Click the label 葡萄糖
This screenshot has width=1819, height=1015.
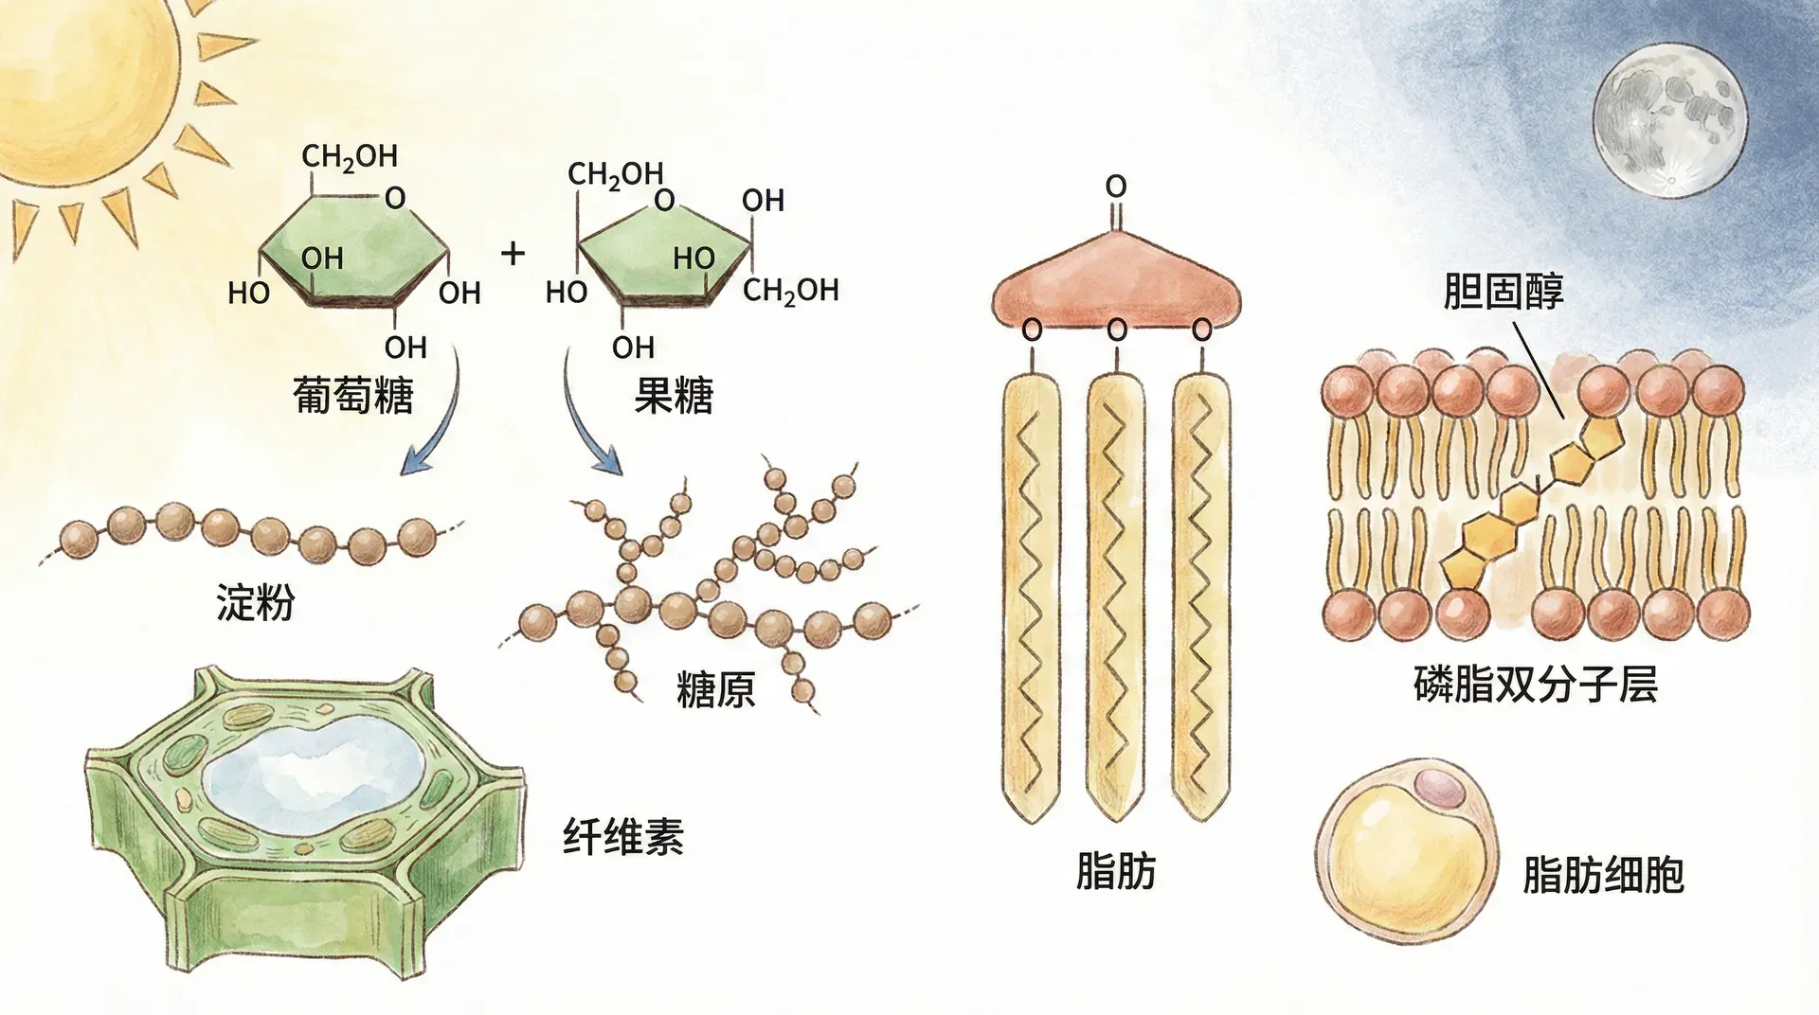point(352,395)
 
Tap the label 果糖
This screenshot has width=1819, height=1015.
point(673,395)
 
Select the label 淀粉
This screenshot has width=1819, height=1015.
point(255,603)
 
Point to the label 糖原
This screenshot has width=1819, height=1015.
point(715,689)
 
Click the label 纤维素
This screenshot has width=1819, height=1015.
point(622,837)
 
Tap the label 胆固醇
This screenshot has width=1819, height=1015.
point(1503,292)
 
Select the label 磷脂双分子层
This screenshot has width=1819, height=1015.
point(1535,684)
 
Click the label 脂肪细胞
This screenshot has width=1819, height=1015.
point(1603,875)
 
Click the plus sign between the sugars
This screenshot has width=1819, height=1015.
point(513,253)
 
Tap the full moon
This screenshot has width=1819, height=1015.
point(1669,119)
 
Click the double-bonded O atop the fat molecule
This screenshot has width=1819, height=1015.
point(1116,187)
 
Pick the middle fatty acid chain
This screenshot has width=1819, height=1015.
point(1116,597)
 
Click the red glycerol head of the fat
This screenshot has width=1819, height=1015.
point(1116,279)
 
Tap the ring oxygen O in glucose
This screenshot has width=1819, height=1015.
point(395,198)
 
